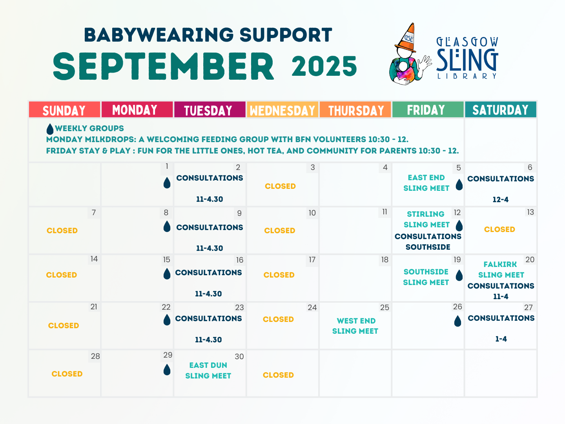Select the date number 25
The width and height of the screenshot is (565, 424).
385,307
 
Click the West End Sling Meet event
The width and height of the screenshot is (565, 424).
355,326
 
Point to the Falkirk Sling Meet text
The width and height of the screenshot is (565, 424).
501,270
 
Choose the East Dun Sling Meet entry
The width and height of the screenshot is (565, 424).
208,371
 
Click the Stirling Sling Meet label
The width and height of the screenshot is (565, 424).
426,219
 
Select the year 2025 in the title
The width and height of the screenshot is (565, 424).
324,66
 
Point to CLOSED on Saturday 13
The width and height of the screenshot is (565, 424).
499,229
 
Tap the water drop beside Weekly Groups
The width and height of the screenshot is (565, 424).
50,129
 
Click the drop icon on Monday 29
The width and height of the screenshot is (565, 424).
167,369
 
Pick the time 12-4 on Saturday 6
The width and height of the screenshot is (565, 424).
500,199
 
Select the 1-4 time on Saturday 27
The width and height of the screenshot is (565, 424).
501,339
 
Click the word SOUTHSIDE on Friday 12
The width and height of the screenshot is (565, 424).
428,247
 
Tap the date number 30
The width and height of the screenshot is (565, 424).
239,356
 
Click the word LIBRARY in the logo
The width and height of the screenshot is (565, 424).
467,76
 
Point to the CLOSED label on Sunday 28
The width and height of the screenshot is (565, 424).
67,374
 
